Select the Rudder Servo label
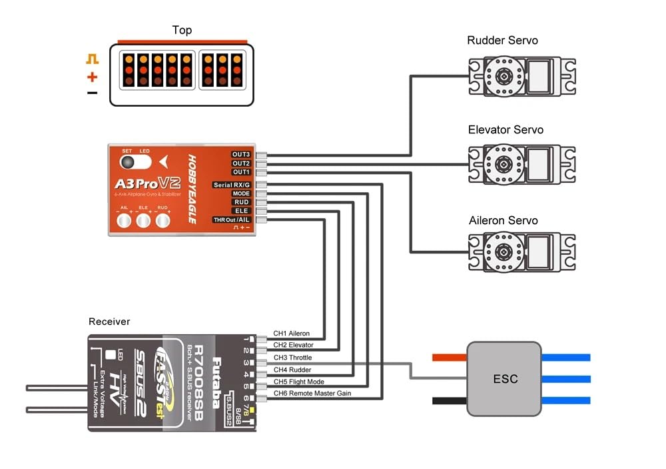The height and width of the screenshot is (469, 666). tap(502, 41)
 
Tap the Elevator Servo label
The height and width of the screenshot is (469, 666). tap(505, 129)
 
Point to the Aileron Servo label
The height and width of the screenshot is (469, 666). tap(503, 220)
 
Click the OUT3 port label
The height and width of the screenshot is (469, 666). tap(241, 155)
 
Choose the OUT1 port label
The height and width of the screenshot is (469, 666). tap(241, 172)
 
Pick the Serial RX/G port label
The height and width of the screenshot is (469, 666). tap(232, 185)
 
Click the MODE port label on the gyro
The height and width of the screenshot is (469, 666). tap(241, 193)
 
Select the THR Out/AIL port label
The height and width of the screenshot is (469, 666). tap(232, 219)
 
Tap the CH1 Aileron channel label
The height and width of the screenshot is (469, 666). tap(291, 334)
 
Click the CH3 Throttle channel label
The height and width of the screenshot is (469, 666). tap(292, 358)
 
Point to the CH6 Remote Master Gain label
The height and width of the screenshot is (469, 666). tap(312, 394)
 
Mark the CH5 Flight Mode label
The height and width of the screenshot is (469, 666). tap(299, 382)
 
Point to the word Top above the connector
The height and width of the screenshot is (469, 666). tap(182, 30)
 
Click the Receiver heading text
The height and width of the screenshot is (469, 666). tap(109, 322)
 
